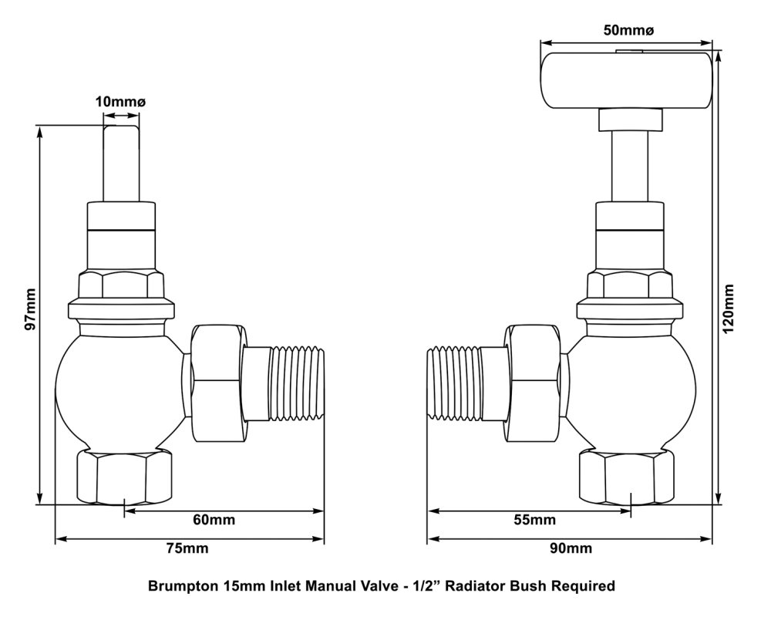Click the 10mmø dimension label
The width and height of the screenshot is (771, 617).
121,102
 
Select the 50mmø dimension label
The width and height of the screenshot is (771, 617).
628,29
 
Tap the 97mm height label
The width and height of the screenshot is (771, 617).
30,310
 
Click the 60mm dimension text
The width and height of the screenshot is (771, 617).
214,519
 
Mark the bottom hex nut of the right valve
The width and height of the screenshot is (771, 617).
626,477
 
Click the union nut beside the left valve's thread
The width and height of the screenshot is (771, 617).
217,383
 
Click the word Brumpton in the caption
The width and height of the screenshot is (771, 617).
183,587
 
